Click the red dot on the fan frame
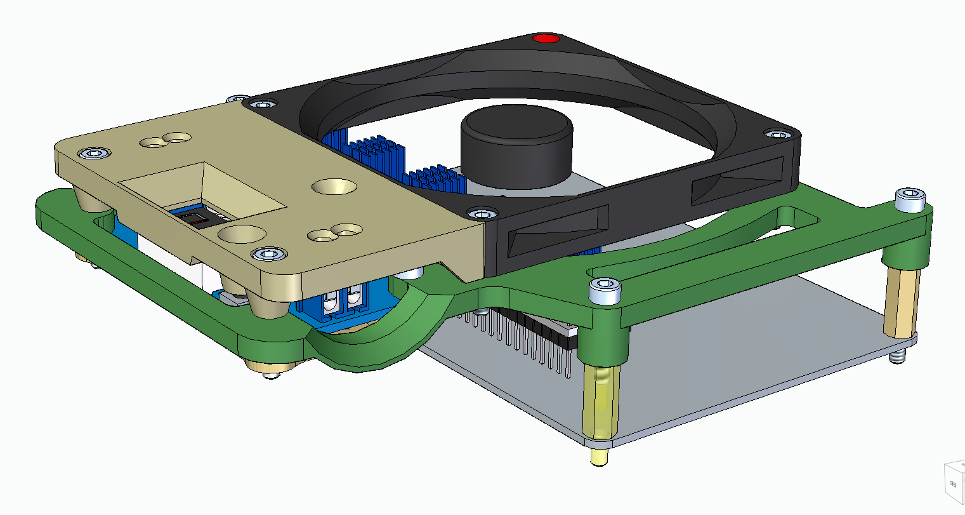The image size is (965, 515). point(546,39)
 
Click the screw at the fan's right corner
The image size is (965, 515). point(777,133)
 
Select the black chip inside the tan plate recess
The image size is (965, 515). point(197,219)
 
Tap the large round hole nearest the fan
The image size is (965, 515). point(334,187)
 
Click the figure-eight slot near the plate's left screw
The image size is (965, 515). point(165,139)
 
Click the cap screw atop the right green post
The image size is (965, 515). point(910,199)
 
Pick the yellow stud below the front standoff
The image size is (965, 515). point(598,456)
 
